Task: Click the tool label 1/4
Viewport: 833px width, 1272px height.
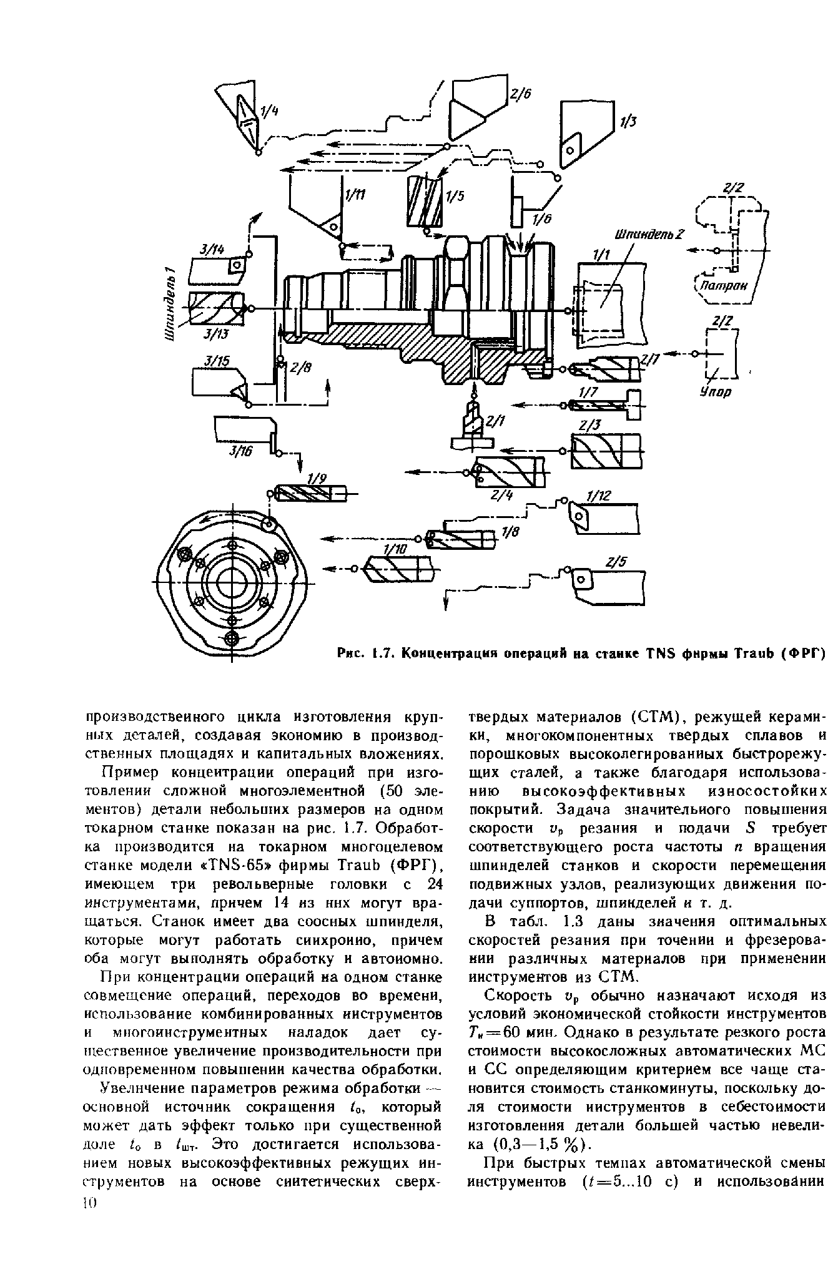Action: [269, 113]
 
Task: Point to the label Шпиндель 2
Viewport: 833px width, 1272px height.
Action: [649, 235]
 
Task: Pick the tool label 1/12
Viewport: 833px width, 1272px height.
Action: [598, 496]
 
